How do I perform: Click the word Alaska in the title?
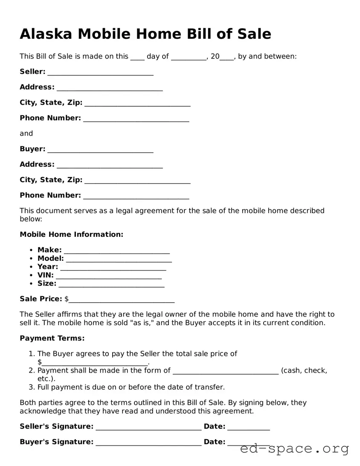(x=46, y=34)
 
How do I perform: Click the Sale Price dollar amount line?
(x=121, y=300)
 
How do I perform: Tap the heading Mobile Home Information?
(x=71, y=234)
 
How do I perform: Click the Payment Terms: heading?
(x=52, y=338)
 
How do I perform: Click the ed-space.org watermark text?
(x=294, y=449)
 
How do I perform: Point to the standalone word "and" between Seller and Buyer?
(x=26, y=134)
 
